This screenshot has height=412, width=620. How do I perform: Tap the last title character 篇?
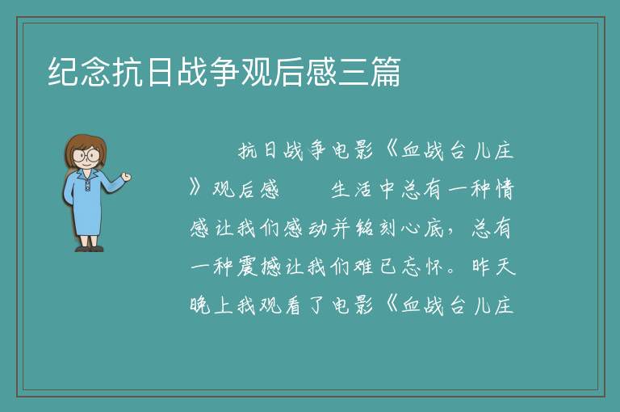click(x=385, y=72)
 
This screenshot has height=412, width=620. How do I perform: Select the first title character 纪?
click(x=63, y=72)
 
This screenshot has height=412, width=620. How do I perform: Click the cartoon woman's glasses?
click(x=86, y=155)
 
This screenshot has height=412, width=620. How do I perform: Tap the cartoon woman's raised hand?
click(x=126, y=177)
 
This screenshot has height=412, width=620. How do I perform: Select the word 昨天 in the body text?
click(x=493, y=267)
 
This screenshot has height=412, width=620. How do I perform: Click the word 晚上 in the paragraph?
click(x=211, y=305)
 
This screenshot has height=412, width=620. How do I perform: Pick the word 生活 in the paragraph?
click(x=351, y=190)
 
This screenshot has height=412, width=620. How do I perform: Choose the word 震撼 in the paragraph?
click(x=258, y=267)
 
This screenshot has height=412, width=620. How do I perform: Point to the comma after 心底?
click(x=450, y=233)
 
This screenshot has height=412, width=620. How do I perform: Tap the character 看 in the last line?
click(x=293, y=305)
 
